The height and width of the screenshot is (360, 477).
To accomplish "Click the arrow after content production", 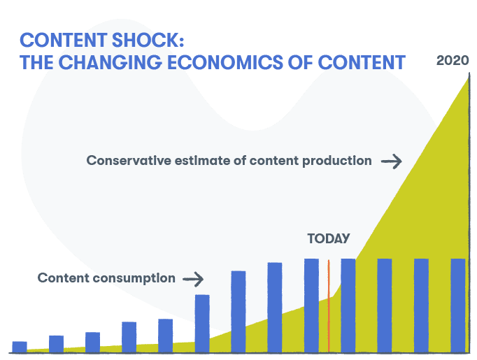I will (391, 161).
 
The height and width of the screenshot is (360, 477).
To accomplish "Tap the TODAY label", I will (328, 239).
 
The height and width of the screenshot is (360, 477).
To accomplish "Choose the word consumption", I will (141, 278).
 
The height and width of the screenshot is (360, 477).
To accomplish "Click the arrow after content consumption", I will (193, 280).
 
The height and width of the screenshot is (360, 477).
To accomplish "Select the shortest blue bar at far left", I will (20, 346).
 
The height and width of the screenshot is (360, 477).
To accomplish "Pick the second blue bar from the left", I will (57, 343).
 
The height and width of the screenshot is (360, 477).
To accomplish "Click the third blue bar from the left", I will (92, 342).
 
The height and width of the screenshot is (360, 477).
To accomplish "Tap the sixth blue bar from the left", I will (202, 323).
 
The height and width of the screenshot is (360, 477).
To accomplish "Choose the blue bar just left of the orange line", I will (311, 305).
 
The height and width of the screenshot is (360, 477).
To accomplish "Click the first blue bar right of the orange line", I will (348, 305).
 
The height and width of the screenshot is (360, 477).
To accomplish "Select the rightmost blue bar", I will (457, 305).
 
